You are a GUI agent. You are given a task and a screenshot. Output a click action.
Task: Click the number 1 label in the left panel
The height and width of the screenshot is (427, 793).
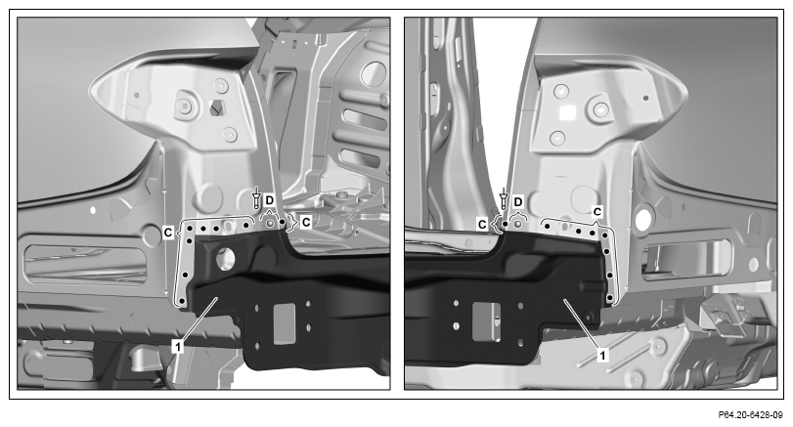(x=178, y=347)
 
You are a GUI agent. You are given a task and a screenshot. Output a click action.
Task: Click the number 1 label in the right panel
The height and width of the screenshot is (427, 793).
(x=601, y=356)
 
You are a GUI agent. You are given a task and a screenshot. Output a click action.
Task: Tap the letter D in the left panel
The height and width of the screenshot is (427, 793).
(x=269, y=200)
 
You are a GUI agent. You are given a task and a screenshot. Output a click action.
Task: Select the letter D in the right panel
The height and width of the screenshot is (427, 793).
(x=518, y=202)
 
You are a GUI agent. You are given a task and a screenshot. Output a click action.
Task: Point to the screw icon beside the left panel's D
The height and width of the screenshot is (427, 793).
(x=256, y=197)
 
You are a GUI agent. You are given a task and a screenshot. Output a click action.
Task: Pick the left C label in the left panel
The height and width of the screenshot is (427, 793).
(x=168, y=233)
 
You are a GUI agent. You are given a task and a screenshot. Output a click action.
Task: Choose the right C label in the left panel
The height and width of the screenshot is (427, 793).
(x=306, y=222)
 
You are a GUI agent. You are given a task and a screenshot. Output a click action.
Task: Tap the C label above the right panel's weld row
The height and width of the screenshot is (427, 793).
(x=597, y=212)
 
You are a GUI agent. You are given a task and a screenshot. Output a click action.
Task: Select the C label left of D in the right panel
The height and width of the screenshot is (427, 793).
(x=482, y=224)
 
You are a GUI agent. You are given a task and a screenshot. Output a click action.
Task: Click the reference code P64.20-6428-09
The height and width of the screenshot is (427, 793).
(x=751, y=415)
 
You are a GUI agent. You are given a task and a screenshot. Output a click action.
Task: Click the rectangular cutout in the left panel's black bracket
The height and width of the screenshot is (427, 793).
(x=285, y=323)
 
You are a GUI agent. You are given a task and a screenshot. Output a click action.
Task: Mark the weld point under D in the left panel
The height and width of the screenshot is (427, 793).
(x=271, y=223)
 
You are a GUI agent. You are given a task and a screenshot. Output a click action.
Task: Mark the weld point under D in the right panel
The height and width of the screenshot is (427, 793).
(x=517, y=223)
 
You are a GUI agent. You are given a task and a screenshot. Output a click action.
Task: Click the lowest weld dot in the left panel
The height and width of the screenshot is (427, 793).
(x=182, y=301)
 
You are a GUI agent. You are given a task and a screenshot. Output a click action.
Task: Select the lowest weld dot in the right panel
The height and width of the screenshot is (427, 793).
(x=609, y=297)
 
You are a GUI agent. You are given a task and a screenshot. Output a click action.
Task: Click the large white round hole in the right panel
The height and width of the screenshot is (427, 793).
(x=643, y=220)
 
